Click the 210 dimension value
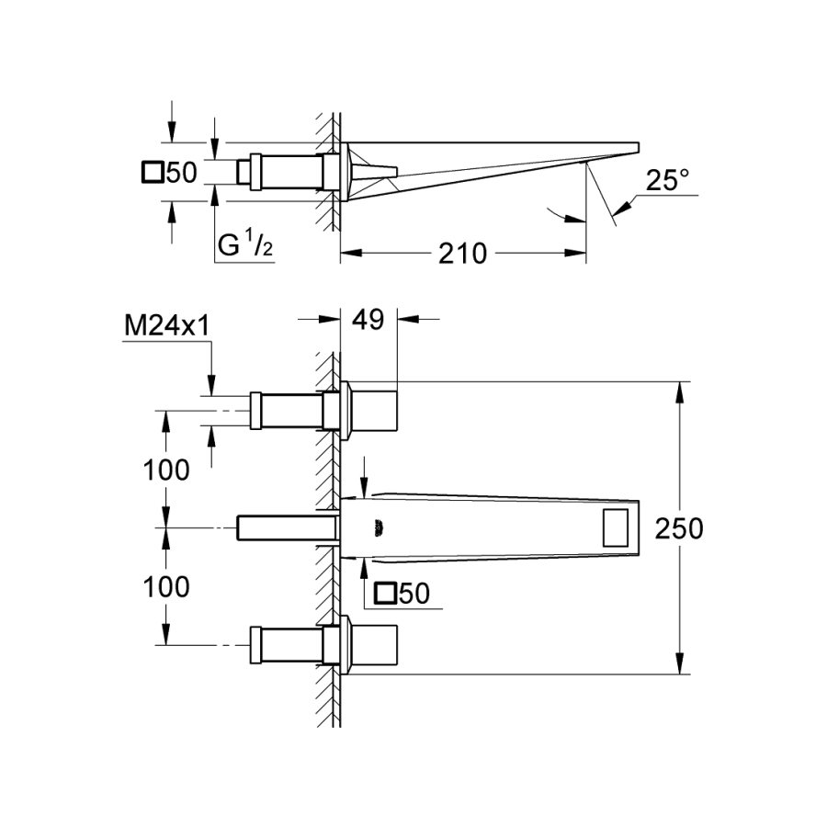(x=462, y=254)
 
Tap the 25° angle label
(x=667, y=180)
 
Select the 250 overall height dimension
(x=679, y=528)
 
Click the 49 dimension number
(x=368, y=320)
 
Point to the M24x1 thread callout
(x=166, y=326)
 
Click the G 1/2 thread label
(x=245, y=244)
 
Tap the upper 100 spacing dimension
(x=166, y=470)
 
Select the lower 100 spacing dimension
(x=166, y=586)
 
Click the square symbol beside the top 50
(x=153, y=173)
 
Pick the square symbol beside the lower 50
(x=385, y=594)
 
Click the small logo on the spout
(x=380, y=529)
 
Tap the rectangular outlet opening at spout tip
(x=616, y=527)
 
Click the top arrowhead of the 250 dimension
(x=680, y=392)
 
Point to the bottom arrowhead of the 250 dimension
(x=680, y=663)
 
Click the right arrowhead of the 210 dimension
(x=575, y=254)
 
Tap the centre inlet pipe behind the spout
(x=287, y=527)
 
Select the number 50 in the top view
(x=181, y=173)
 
